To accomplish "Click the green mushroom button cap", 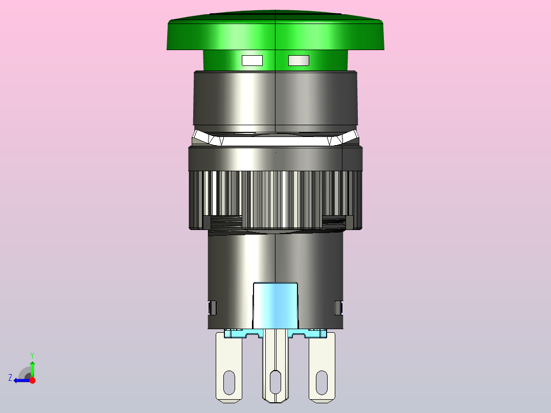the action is tap(275, 31).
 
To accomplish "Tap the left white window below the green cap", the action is tap(252, 60).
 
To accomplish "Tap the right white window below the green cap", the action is tap(299, 60).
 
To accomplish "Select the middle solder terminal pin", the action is tap(275, 365).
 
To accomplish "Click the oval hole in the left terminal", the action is tap(229, 382).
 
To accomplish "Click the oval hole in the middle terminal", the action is tap(275, 382).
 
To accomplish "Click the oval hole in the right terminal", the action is tap(322, 382).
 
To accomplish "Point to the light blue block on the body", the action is tap(275, 306).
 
